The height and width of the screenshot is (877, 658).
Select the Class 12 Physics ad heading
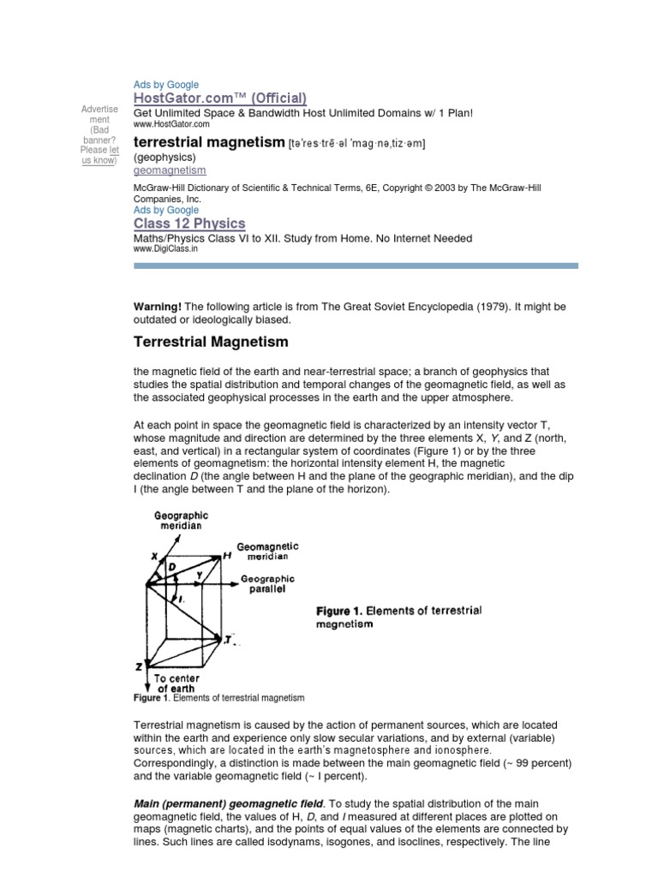(189, 224)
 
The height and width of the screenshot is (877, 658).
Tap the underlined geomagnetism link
(170, 170)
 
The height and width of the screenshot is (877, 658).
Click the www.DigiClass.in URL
(165, 249)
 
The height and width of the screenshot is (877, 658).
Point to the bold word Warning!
(158, 307)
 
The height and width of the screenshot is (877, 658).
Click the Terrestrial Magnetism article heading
(211, 343)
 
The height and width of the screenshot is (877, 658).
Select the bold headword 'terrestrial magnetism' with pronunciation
(208, 142)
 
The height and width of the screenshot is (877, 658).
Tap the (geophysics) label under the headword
(165, 158)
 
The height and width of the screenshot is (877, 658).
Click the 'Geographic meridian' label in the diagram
(180, 521)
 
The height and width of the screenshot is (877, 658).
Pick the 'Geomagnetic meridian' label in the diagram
(267, 551)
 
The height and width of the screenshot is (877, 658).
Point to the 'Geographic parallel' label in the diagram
(267, 584)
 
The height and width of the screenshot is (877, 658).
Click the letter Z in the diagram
(138, 665)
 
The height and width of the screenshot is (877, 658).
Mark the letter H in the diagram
(227, 556)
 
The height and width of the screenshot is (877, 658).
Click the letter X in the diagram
(155, 556)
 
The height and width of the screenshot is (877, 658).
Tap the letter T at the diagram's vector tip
(230, 639)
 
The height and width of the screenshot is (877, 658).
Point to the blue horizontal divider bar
(356, 266)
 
